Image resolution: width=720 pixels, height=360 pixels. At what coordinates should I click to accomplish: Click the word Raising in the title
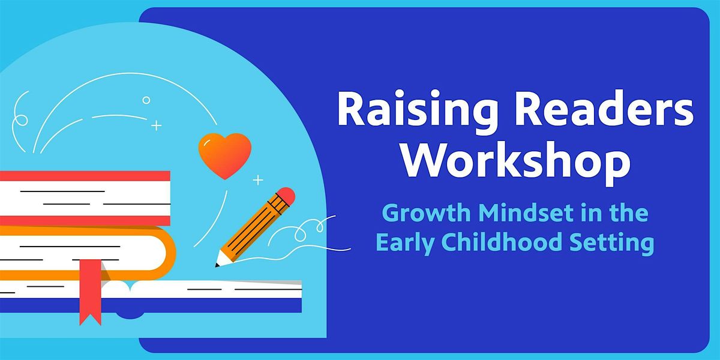click(x=417, y=110)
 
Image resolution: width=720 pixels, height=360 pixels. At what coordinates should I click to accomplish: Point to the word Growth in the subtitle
click(x=427, y=213)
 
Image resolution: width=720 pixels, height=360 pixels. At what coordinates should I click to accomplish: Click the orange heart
click(x=224, y=155)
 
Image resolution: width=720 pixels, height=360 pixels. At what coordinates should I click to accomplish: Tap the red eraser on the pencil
click(x=286, y=196)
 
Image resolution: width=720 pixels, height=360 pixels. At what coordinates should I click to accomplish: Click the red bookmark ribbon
click(x=91, y=292)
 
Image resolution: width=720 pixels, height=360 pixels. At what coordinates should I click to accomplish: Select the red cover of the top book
click(x=85, y=176)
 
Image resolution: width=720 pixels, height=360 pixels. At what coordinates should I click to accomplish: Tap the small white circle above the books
click(x=146, y=100)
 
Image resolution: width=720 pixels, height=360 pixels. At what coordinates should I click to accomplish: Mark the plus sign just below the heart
click(x=258, y=180)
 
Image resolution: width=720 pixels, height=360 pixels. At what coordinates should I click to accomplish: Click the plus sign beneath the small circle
click(x=157, y=125)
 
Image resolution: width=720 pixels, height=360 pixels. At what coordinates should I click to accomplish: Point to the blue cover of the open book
click(x=151, y=305)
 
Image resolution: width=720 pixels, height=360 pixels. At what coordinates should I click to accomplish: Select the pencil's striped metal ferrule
click(x=277, y=203)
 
